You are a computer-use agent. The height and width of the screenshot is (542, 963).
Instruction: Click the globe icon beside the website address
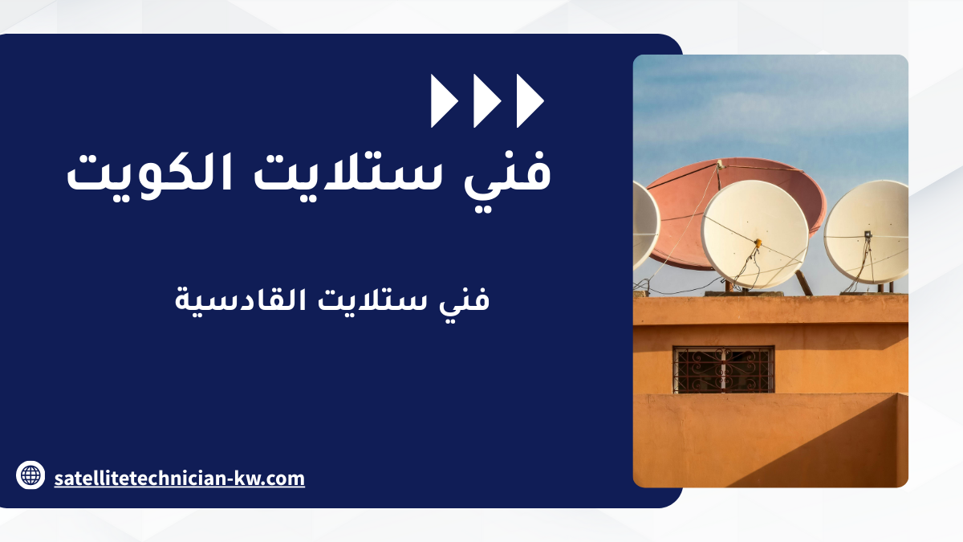[30, 475]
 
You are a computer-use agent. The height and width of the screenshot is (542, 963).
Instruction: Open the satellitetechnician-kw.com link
[179, 479]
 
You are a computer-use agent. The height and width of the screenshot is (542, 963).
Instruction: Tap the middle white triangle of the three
[487, 100]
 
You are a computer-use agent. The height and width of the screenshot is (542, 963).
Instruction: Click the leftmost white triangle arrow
[444, 100]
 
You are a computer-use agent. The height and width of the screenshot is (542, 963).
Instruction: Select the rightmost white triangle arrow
[530, 100]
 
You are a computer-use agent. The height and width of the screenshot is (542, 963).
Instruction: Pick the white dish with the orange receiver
[755, 234]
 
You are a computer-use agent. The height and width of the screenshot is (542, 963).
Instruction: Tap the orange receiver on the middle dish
[758, 243]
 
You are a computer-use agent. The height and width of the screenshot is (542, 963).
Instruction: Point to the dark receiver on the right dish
[868, 234]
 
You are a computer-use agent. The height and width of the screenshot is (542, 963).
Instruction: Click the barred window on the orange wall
[724, 370]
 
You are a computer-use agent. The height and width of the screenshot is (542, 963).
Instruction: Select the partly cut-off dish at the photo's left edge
[646, 226]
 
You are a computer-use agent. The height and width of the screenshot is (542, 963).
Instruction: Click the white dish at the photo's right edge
[866, 232]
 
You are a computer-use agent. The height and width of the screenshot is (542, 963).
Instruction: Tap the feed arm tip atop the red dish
[719, 164]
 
